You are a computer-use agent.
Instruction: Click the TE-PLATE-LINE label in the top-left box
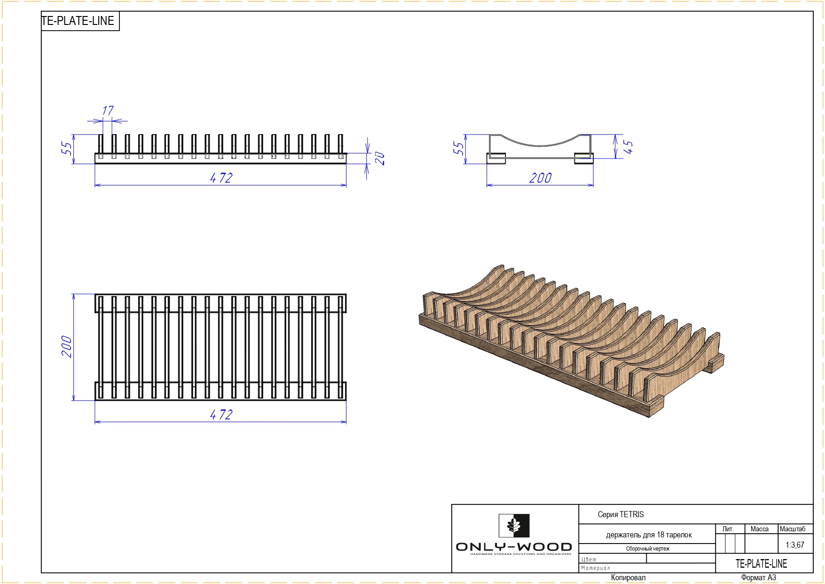pos(78,21)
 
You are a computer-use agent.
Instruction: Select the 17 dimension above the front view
pos(108,111)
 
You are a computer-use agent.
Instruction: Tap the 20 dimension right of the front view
pos(380,159)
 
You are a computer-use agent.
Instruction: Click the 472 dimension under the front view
pos(221,178)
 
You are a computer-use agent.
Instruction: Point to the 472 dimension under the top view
pos(221,415)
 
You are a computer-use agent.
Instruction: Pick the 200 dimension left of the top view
pos(67,347)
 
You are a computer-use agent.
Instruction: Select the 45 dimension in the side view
pos(628,147)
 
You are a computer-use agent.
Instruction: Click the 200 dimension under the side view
pos(540,178)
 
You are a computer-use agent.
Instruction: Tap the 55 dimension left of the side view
pos(458,148)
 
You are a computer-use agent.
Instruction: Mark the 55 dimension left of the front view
pos(67,148)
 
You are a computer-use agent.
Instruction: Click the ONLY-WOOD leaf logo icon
pos(514,526)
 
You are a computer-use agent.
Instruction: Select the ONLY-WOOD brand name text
pos(514,547)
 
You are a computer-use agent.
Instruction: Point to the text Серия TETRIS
pos(621,514)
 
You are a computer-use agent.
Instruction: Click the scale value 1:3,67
pos(795,545)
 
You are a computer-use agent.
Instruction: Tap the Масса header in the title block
pos(760,529)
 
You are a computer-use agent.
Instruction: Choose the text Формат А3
pos(759,577)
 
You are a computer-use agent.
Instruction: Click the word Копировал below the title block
pos(628,577)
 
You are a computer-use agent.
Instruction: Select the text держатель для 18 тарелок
pos(649,535)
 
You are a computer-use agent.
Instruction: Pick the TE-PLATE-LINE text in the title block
pos(761,563)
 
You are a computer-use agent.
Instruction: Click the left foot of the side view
pos(496,158)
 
